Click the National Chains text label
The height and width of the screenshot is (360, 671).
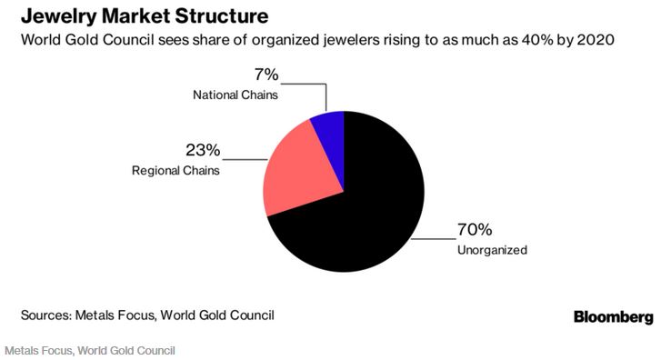click(234, 94)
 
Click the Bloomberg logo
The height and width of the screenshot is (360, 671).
click(613, 316)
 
